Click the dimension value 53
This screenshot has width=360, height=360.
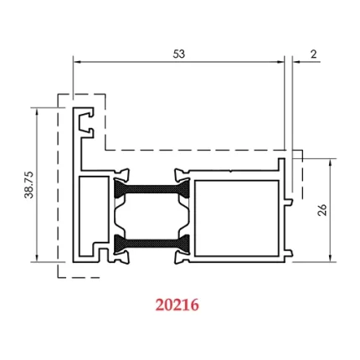click(178, 53)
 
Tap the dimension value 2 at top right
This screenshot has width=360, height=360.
click(312, 53)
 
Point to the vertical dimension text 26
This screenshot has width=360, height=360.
click(322, 209)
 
